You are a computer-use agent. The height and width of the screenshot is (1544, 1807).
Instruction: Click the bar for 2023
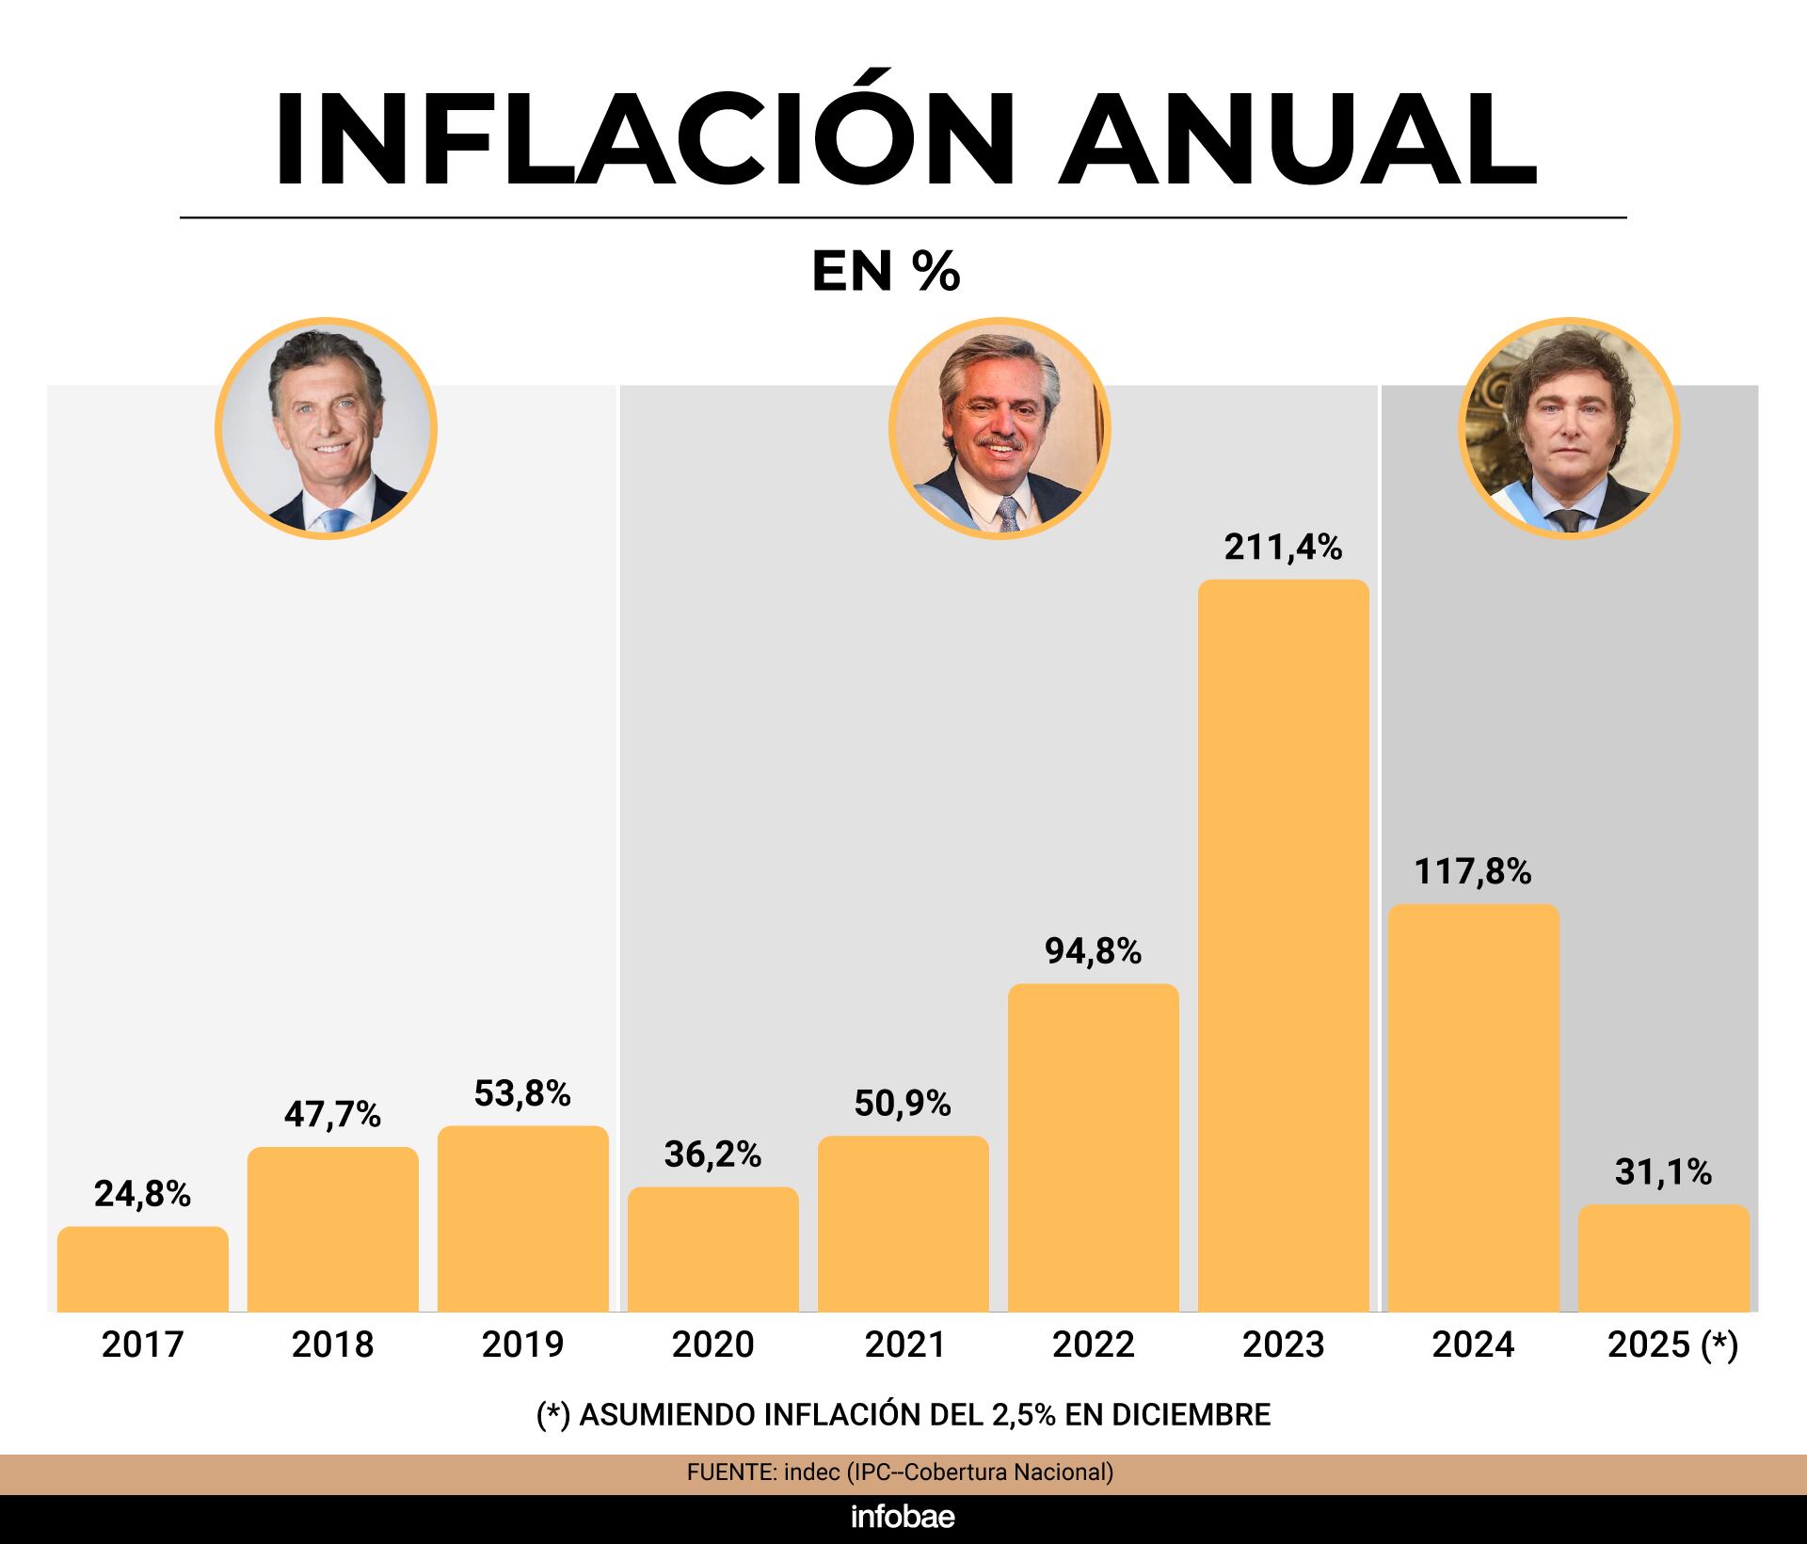(x=1283, y=946)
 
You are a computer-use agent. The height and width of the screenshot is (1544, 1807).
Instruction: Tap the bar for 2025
(x=1663, y=1258)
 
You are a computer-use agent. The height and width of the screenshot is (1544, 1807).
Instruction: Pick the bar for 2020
(x=712, y=1249)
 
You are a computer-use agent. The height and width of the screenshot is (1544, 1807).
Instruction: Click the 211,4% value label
(x=1283, y=548)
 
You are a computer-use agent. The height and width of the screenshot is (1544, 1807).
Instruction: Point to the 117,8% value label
(x=1473, y=872)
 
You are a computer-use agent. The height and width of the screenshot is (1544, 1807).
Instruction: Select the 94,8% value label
(x=1093, y=952)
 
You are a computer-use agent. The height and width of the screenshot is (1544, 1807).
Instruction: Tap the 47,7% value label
(x=332, y=1115)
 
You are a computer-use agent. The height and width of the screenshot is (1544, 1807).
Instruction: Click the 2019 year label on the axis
(x=522, y=1345)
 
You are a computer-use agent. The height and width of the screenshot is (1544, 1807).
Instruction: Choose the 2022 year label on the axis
(x=1093, y=1345)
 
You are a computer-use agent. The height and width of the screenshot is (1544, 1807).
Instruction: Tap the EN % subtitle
(x=886, y=272)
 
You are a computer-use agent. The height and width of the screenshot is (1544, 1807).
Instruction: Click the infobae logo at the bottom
(x=903, y=1517)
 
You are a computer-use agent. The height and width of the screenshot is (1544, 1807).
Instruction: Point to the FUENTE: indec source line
(x=900, y=1472)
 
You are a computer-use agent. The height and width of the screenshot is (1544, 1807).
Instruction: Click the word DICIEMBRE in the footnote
(x=1191, y=1414)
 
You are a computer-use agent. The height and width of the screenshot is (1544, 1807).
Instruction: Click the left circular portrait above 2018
(x=327, y=429)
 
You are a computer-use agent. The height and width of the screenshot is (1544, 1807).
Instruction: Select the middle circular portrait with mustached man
(x=999, y=429)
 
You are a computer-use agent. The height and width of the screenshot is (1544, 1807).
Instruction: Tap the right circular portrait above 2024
(x=1569, y=429)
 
